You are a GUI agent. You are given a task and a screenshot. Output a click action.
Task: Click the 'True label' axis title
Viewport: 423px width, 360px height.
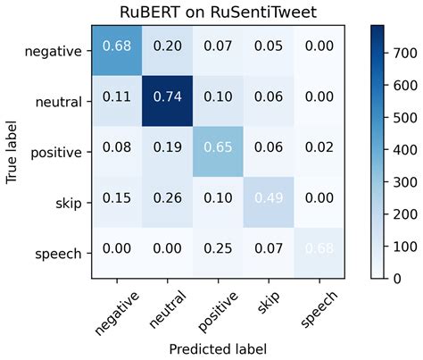click(12, 152)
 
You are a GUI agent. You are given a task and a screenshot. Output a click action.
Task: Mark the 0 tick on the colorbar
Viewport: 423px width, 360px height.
click(398, 279)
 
